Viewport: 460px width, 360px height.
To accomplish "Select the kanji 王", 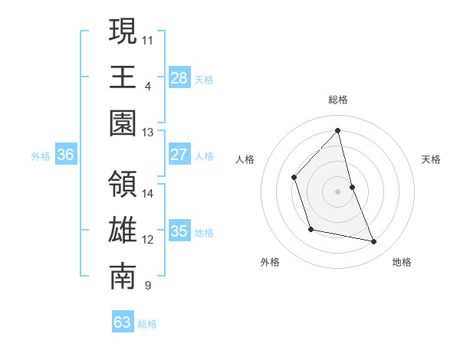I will click(x=123, y=77).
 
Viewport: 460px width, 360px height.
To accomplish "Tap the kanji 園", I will click(x=123, y=123).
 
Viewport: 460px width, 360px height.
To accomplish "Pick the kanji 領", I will click(x=123, y=185).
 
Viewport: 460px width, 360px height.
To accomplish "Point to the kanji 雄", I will click(x=123, y=231).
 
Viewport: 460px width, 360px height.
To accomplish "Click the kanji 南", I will click(x=123, y=277).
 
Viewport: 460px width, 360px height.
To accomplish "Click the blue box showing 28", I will click(x=179, y=77).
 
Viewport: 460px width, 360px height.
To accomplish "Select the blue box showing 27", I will click(x=179, y=155).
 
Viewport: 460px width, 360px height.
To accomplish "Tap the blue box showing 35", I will click(x=179, y=231).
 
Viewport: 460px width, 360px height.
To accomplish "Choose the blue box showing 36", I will click(x=66, y=155).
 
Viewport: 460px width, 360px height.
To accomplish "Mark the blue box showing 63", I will click(x=123, y=322).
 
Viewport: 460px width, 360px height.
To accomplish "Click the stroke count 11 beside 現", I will click(x=148, y=38).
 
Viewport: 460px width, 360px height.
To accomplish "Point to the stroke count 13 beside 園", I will click(x=148, y=132).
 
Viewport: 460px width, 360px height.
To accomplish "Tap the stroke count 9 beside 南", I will click(x=147, y=286).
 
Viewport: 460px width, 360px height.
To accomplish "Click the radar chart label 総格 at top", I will click(x=337, y=100).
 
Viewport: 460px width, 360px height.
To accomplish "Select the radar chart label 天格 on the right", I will click(x=431, y=159).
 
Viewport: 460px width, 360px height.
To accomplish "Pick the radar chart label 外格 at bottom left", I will click(x=270, y=262).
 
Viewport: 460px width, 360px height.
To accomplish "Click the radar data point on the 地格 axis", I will click(x=374, y=242).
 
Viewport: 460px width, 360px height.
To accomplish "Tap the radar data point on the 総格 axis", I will click(x=337, y=131).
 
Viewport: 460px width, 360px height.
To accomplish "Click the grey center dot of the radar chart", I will click(x=337, y=191).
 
